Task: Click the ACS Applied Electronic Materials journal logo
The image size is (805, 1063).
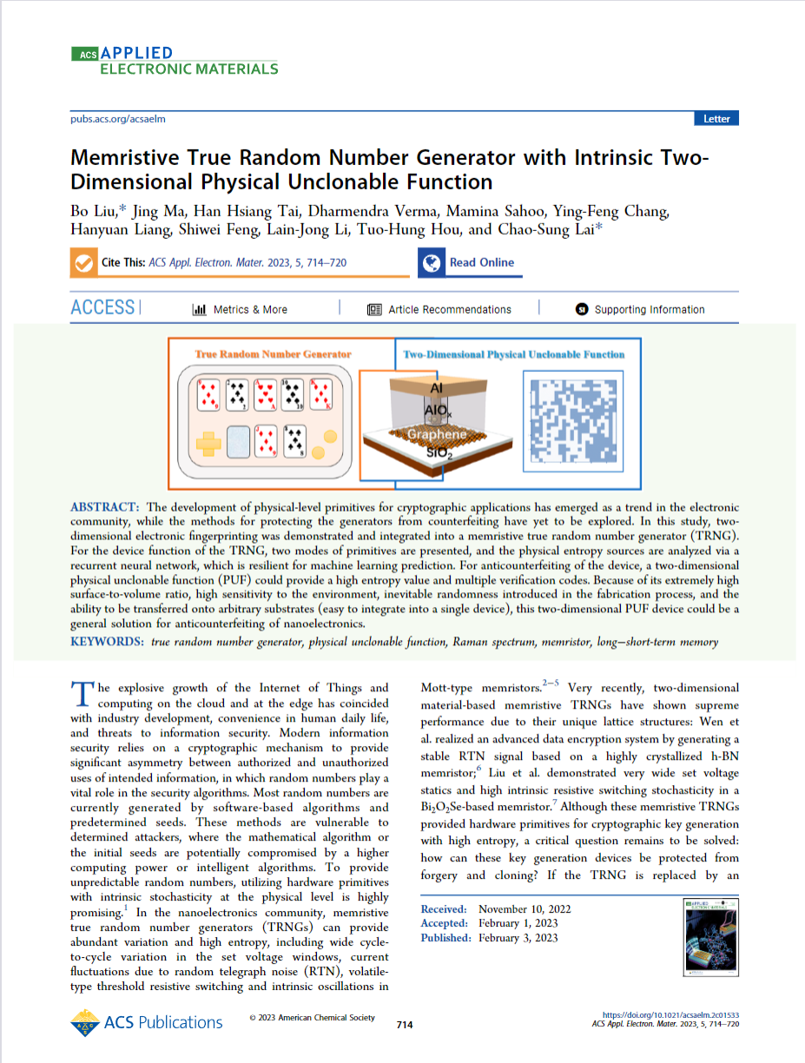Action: click(x=175, y=60)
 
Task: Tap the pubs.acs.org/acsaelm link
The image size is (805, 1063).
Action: click(x=117, y=119)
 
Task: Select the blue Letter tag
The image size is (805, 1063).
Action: click(x=716, y=119)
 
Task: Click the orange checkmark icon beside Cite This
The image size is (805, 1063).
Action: click(x=84, y=263)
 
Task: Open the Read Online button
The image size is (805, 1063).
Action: click(x=470, y=262)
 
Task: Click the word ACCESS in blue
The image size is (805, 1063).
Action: click(x=102, y=308)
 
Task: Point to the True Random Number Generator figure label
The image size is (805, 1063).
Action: click(x=273, y=354)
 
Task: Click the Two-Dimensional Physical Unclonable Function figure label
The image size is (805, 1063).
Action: click(x=514, y=354)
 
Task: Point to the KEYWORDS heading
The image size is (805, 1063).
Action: click(x=107, y=642)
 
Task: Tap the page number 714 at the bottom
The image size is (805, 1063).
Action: click(x=404, y=1025)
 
